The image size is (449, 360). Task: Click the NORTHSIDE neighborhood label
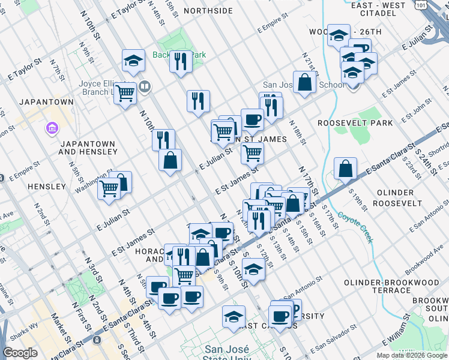coord(208,11)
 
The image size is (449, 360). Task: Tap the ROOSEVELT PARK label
coord(355,123)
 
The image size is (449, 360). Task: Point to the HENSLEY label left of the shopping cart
coord(47,187)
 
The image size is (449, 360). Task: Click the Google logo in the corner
coord(20,353)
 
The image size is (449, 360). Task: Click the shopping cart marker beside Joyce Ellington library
coord(125,93)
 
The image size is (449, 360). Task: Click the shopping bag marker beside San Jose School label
coord(305,82)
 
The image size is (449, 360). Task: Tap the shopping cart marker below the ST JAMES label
coord(253,153)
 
